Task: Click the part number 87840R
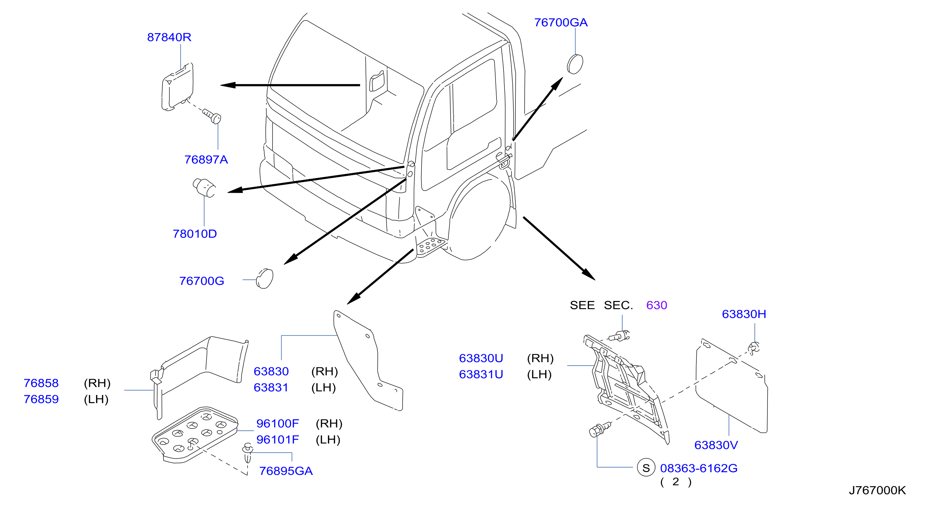(x=169, y=37)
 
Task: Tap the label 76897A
(x=206, y=160)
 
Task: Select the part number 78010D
(x=195, y=234)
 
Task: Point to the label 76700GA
(x=561, y=23)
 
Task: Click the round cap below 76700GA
(x=575, y=64)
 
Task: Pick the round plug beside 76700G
(x=265, y=279)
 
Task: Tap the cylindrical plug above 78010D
(x=204, y=188)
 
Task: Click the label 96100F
(x=278, y=424)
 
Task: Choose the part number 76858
(x=41, y=383)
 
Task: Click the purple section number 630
(x=657, y=305)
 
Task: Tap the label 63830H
(x=744, y=314)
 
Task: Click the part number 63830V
(x=716, y=445)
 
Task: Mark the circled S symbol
(x=646, y=467)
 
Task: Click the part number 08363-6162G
(x=699, y=468)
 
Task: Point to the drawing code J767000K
(x=877, y=490)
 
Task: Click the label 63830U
(x=481, y=358)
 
